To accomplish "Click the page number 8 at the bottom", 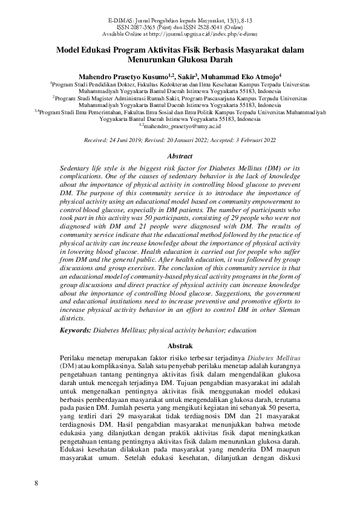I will (x=36, y=483).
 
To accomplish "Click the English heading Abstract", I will (x=179, y=155).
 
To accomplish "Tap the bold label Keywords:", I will (x=76, y=331).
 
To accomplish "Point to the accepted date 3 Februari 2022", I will (x=264, y=140).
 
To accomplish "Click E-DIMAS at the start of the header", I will (x=121, y=21).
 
